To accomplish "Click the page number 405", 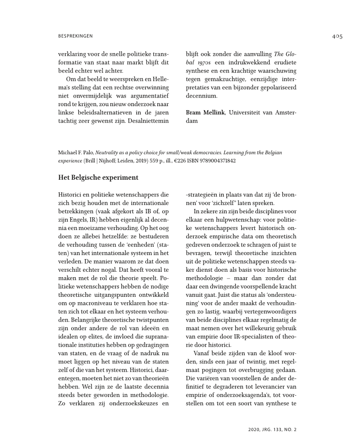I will click(336, 37).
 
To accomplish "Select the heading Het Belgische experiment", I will click(98, 177).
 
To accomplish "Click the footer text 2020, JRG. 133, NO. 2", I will click(272, 429).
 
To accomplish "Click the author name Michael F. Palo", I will click(76, 153).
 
